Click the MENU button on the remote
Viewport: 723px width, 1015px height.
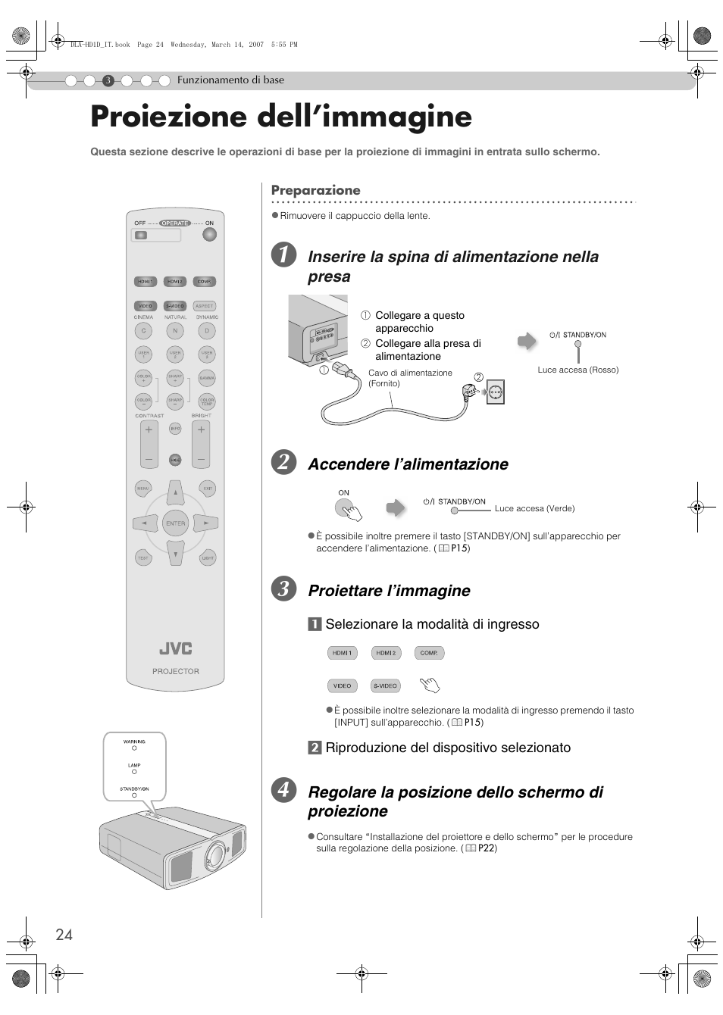[142, 489]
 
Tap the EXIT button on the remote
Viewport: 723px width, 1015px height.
[208, 489]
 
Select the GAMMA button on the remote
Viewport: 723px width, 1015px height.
[207, 377]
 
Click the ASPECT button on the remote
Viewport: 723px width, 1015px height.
[205, 306]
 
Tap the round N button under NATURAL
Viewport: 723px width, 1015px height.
[175, 331]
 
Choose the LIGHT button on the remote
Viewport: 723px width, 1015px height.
[208, 558]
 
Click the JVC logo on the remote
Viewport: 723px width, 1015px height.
[175, 649]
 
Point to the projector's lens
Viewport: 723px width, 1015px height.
[214, 854]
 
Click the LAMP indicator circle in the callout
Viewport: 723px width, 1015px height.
[134, 773]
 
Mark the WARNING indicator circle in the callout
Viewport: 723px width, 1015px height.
[134, 748]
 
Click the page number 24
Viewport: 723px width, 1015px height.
[64, 935]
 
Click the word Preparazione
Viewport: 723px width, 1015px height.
[316, 190]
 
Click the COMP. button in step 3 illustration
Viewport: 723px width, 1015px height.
[429, 653]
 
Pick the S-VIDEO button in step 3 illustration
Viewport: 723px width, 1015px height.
[385, 686]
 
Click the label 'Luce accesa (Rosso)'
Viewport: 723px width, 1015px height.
[577, 370]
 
